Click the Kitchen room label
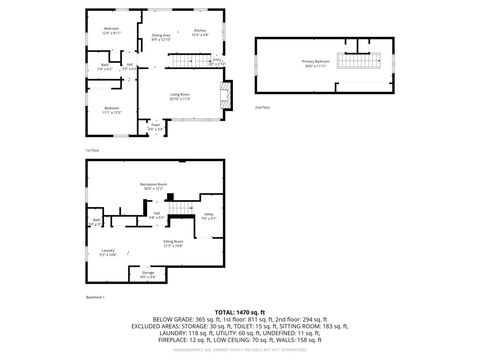click(x=200, y=32)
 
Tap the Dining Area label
click(x=160, y=38)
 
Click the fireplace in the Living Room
click(x=226, y=96)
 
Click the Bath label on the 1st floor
click(x=105, y=67)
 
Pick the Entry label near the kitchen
click(x=217, y=61)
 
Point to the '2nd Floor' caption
click(x=261, y=106)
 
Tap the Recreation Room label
click(x=153, y=187)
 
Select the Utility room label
click(x=208, y=215)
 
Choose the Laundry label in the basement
click(x=107, y=252)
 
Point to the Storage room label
click(x=147, y=274)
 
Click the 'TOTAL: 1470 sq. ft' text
click(x=239, y=314)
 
